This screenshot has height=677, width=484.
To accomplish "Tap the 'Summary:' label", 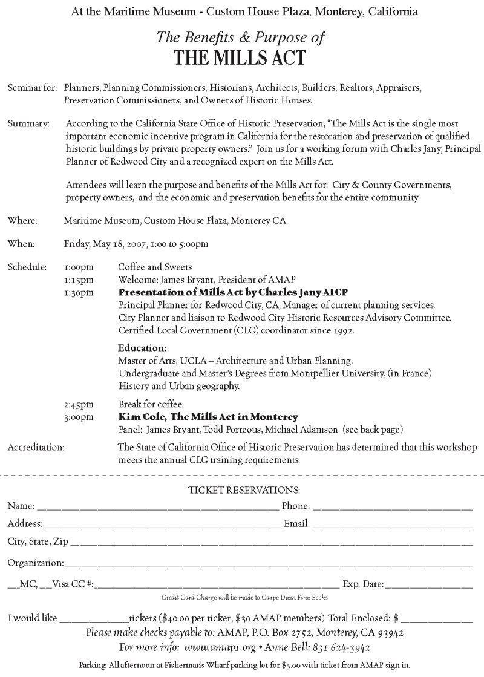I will pyautogui.click(x=28, y=124).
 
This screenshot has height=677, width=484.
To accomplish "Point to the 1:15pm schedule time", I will pyautogui.click(x=79, y=279).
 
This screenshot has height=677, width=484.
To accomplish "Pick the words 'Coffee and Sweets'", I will pyautogui.click(x=149, y=267).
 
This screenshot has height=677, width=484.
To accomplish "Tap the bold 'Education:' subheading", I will pyautogui.click(x=142, y=348).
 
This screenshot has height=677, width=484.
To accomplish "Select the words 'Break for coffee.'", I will pyautogui.click(x=146, y=404).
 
